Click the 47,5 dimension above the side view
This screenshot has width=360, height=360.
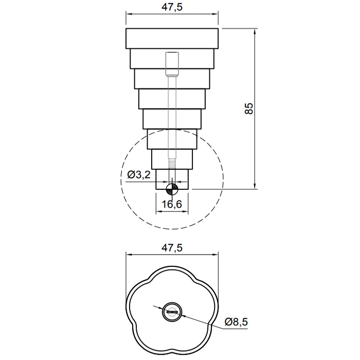[x=172, y=7]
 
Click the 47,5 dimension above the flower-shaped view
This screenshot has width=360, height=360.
[x=172, y=248]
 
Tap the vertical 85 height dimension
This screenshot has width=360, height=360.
[x=248, y=109]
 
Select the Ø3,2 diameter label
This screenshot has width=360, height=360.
[x=139, y=175]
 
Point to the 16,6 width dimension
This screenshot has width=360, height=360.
[x=172, y=204]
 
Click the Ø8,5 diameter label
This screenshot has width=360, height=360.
[x=236, y=322]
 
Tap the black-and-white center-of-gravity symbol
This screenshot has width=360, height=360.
[x=172, y=189]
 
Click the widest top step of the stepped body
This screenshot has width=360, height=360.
[x=172, y=39]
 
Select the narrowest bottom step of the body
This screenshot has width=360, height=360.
[x=172, y=179]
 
